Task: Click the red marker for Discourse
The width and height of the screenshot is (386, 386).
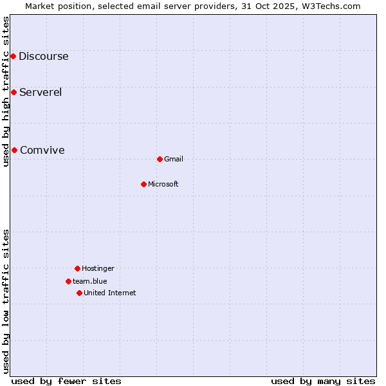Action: [x=13, y=56]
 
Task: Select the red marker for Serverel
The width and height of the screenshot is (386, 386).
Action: [x=14, y=92]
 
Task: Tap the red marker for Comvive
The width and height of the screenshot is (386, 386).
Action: [x=14, y=150]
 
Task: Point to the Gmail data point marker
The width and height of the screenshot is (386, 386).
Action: [x=160, y=159]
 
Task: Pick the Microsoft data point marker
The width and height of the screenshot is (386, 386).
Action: [x=143, y=184]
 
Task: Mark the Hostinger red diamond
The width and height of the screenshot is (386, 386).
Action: [x=77, y=268]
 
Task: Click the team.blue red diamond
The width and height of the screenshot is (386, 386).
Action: [x=68, y=281]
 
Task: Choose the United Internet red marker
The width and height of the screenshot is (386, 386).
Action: [x=79, y=293]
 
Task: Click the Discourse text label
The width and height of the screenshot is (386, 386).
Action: [x=43, y=56]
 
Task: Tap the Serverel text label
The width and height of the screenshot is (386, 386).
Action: [x=41, y=92]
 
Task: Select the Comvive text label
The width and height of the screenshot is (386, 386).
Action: [x=42, y=150]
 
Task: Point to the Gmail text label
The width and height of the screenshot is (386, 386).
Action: [x=174, y=159]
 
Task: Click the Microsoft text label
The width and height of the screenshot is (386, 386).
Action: [x=163, y=184]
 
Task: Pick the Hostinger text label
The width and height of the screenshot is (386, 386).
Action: [x=98, y=268]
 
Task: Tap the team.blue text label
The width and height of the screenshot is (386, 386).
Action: [x=90, y=281]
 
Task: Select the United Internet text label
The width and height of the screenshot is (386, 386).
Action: [x=110, y=293]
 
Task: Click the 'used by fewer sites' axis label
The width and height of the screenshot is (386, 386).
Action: [x=66, y=381]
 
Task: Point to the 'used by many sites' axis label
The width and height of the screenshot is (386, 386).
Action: [x=323, y=381]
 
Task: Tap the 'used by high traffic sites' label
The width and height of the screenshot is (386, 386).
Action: [x=6, y=91]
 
